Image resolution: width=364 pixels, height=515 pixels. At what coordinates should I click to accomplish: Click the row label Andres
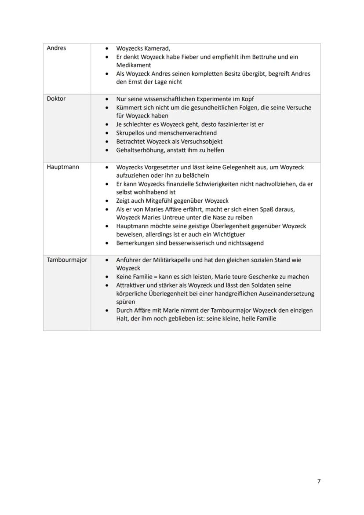56,48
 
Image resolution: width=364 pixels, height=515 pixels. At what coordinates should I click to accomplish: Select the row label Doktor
56,99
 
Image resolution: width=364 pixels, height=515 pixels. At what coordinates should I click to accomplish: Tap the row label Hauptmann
63,167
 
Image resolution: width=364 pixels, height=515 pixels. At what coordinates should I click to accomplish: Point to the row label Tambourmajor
67,260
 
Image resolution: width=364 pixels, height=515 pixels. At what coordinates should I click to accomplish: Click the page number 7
319,481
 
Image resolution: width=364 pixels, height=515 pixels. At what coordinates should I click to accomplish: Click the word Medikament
134,65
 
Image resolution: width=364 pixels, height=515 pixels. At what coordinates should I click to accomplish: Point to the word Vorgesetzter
165,167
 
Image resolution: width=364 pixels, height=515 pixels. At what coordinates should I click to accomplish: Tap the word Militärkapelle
174,260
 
